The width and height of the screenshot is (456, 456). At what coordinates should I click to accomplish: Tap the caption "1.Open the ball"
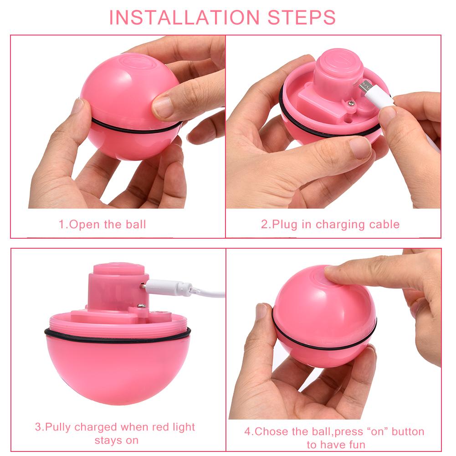point(102,224)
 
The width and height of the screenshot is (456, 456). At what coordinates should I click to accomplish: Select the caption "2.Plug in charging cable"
point(330,224)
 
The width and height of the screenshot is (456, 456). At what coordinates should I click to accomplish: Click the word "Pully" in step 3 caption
point(58,427)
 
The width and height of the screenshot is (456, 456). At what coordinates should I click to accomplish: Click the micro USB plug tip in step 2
point(364,86)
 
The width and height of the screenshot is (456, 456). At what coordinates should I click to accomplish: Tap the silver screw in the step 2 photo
point(351,104)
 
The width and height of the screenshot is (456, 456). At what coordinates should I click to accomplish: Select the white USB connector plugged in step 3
point(169,287)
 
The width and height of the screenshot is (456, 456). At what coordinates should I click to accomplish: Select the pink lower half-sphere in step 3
point(118,369)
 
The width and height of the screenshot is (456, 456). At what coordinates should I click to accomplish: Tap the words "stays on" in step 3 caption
point(117,441)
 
